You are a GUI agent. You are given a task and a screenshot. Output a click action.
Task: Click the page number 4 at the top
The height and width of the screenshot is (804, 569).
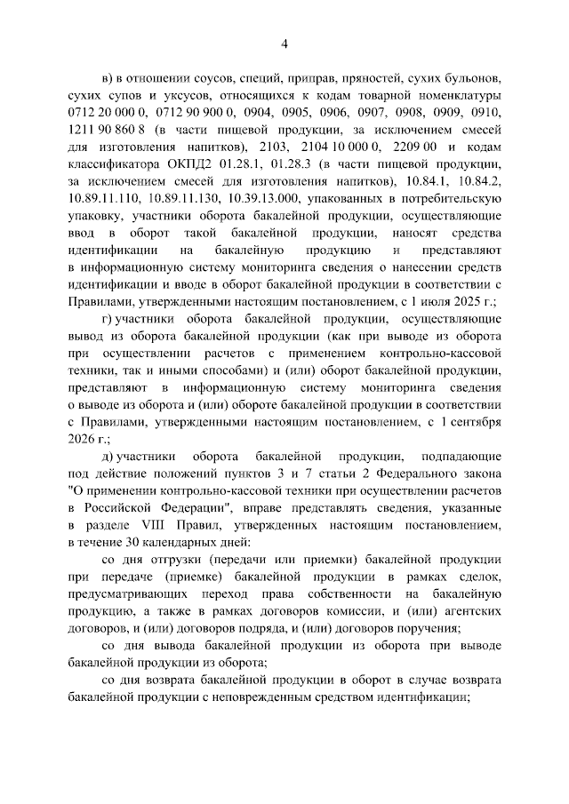click(x=284, y=44)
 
